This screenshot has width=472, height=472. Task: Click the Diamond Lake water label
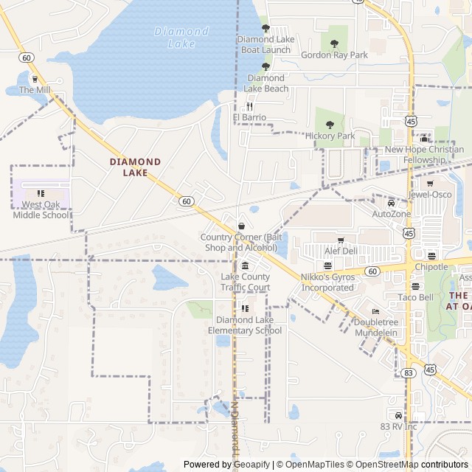point(181,38)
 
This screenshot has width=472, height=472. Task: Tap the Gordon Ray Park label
point(334,55)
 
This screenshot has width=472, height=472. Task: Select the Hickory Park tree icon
point(330,125)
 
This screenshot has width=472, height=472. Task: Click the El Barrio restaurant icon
point(249,106)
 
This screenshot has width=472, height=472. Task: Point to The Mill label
point(35,90)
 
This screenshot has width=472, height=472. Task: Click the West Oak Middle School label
point(41,210)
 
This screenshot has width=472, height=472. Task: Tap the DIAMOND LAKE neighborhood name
point(135,167)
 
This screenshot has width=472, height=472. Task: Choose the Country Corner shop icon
point(241,226)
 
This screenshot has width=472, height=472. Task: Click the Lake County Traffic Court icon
point(245,266)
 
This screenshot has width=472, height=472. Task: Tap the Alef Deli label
point(341,251)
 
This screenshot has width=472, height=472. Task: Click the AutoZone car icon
point(391,203)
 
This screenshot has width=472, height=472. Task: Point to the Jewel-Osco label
point(430,195)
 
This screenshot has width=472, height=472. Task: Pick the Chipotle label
point(431,267)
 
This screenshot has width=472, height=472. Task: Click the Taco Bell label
point(416,297)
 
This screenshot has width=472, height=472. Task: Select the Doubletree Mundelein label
point(375,327)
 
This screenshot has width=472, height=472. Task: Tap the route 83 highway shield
point(408,373)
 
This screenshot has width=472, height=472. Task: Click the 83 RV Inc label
point(399,426)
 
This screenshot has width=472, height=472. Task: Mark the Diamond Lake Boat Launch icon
point(265,28)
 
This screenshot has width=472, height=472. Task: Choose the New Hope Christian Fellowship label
point(425,154)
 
